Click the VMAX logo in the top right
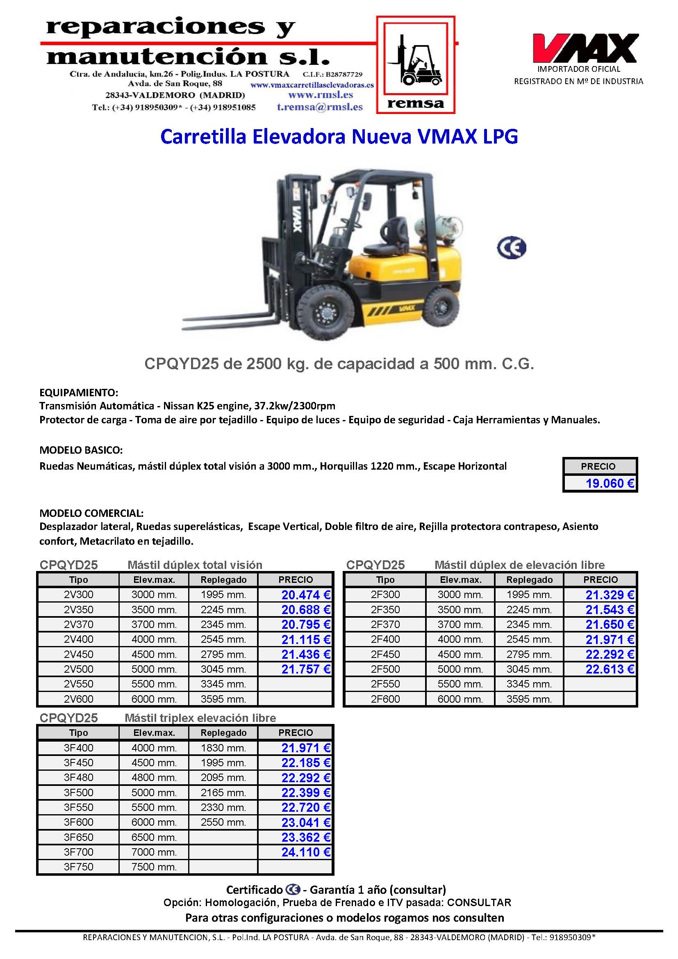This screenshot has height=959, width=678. (585, 48)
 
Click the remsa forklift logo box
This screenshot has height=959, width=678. (415, 65)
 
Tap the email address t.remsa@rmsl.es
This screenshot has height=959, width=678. (319, 107)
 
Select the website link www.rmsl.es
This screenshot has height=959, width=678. (321, 95)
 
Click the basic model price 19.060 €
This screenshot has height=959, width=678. (609, 483)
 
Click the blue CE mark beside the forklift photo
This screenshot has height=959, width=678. (512, 248)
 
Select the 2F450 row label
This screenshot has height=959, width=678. (385, 655)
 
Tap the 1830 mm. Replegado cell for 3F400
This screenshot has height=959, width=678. (223, 748)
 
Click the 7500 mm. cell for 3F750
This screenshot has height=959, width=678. (154, 867)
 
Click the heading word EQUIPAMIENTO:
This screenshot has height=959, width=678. (79, 393)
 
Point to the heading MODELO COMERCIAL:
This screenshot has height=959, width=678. (91, 513)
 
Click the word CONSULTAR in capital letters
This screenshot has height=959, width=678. (479, 903)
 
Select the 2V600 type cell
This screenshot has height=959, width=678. (78, 699)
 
